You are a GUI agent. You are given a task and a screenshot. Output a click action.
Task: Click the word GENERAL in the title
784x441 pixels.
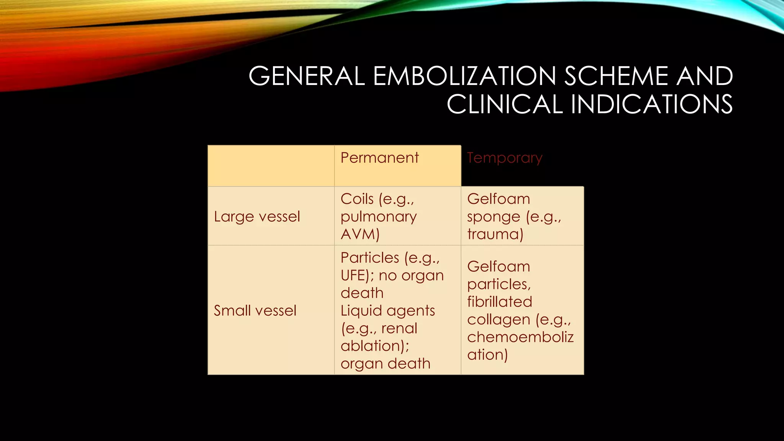pyautogui.click(x=307, y=76)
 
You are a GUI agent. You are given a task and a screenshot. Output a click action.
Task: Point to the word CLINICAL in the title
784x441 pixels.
pyautogui.click(x=505, y=104)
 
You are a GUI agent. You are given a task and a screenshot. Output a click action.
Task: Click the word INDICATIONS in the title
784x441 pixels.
pyautogui.click(x=652, y=104)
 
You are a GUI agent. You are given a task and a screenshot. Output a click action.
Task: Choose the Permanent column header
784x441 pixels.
pyautogui.click(x=380, y=158)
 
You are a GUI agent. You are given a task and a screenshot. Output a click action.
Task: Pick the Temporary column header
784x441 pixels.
pyautogui.click(x=505, y=158)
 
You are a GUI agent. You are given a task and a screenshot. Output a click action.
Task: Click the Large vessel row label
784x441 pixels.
pyautogui.click(x=257, y=217)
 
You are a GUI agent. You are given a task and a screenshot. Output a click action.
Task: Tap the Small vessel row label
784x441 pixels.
pyautogui.click(x=255, y=310)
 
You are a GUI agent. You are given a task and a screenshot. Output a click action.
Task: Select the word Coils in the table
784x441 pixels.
pyautogui.click(x=357, y=199)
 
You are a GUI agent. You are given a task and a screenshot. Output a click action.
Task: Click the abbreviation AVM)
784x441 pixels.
pyautogui.click(x=360, y=234)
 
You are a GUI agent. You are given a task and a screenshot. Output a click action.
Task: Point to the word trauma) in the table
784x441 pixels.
pyautogui.click(x=495, y=234)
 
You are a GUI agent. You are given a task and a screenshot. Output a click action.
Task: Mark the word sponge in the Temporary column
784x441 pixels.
pyautogui.click(x=493, y=217)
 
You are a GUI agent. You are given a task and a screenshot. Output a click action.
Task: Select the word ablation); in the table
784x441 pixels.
pyautogui.click(x=375, y=346)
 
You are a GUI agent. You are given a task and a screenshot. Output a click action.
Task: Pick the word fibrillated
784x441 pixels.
pyautogui.click(x=500, y=302)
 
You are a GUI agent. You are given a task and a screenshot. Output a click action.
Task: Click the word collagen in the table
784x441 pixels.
pyautogui.click(x=498, y=319)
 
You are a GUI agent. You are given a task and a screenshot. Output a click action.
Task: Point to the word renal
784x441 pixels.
pyautogui.click(x=399, y=328)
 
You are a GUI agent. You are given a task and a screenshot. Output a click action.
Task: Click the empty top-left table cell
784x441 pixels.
pyautogui.click(x=271, y=166)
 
